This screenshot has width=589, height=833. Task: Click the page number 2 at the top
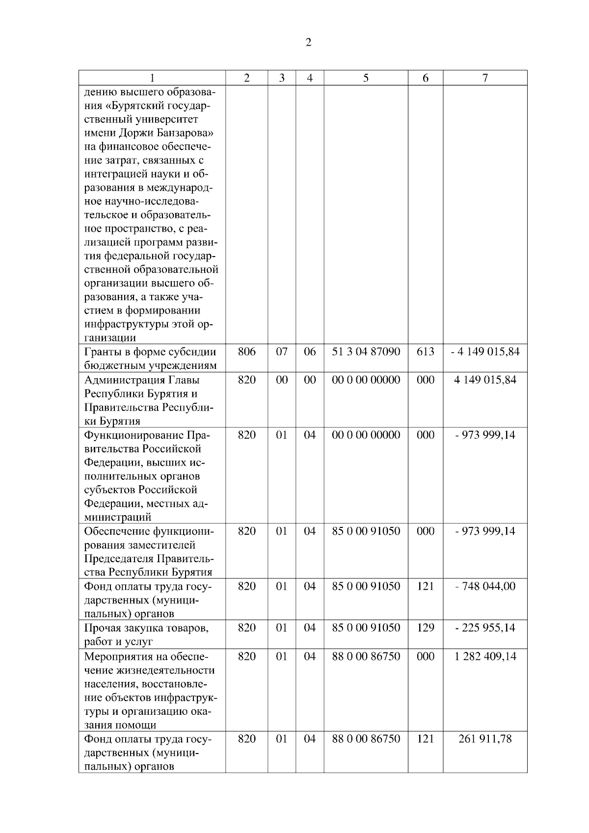click(308, 43)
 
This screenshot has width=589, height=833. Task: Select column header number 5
click(366, 78)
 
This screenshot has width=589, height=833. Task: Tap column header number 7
click(485, 78)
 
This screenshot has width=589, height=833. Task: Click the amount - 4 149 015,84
click(485, 352)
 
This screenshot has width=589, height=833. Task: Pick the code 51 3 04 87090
click(366, 352)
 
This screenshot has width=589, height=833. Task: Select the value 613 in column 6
click(425, 352)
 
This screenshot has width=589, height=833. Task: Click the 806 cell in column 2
click(246, 352)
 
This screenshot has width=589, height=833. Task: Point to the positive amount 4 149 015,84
click(485, 380)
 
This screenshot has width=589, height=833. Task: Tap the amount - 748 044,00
click(485, 586)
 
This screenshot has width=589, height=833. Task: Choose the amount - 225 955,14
click(485, 627)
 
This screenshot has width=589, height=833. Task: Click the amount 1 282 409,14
click(485, 656)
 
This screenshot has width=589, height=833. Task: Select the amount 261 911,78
click(485, 739)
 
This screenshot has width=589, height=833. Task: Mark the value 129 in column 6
click(425, 627)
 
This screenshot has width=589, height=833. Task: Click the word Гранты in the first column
click(101, 352)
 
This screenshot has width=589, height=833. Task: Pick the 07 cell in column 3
click(282, 352)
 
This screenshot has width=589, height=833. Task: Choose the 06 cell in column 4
click(310, 352)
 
